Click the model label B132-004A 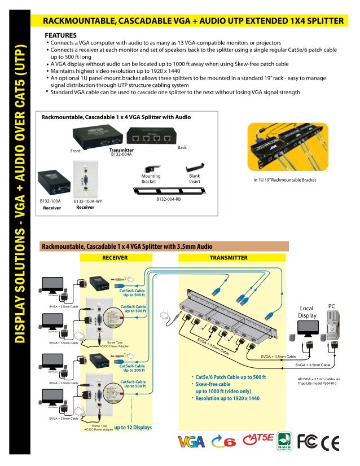[121, 154]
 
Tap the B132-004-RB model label [168, 199]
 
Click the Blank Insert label [195, 179]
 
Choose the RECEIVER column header [115, 257]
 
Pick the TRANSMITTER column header [229, 257]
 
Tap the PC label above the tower [332, 306]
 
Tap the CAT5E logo [258, 438]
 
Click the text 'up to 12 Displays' [133, 427]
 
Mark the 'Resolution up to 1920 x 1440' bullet [226, 398]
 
